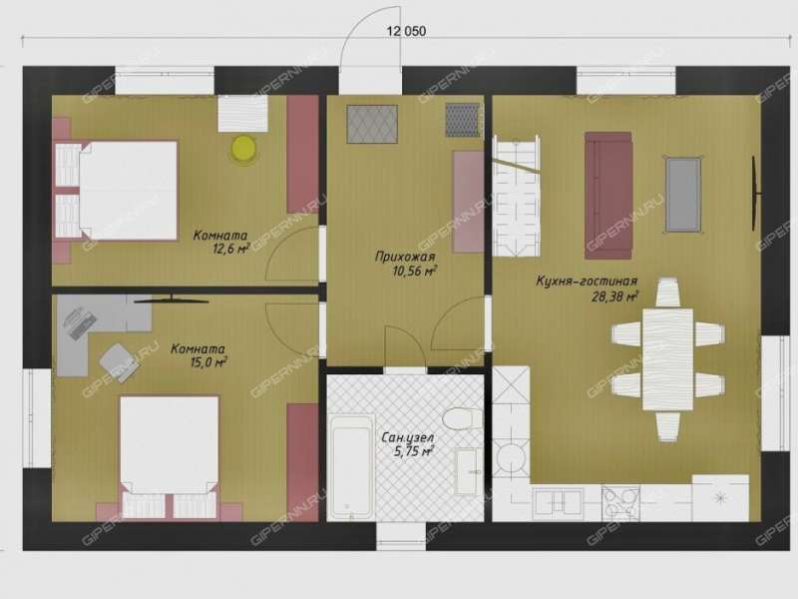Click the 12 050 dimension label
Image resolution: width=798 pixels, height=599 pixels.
pos(406,31)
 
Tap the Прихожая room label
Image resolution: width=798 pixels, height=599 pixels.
pos(405,257)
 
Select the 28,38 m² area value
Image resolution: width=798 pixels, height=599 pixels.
pos(615,297)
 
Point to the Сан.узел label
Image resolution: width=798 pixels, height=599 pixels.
pos(408,437)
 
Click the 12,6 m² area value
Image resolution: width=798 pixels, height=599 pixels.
pos(231,248)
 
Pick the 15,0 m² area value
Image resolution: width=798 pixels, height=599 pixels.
pos(208,362)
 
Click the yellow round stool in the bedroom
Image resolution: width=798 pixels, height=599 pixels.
pos(243,148)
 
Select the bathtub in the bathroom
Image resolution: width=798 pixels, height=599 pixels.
pos(351,466)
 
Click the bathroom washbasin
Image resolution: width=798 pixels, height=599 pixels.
pos(468,471)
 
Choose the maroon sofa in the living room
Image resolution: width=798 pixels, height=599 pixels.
pos(608,195)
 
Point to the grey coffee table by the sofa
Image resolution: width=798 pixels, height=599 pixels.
pos(683,195)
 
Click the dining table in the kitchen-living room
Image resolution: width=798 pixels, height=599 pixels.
pos(667,359)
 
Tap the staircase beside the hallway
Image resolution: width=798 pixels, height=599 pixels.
pos(516,195)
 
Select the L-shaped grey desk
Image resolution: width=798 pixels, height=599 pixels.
pos(92,326)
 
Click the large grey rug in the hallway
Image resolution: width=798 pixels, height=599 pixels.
pos(372,124)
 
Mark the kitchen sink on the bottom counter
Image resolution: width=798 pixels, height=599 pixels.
pos(559,503)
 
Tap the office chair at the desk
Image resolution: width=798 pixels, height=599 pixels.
pos(119,362)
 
